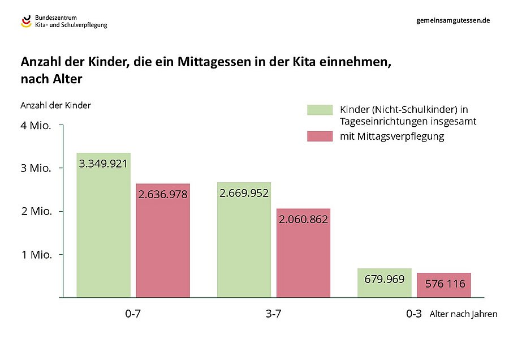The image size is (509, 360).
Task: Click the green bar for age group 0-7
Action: pos(103,226)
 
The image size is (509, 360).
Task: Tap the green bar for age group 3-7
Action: pos(244,241)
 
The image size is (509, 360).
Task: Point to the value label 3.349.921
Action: pos(103,164)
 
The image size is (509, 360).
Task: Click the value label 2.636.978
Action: pos(163,194)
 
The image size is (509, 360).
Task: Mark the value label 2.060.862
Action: pos(303,220)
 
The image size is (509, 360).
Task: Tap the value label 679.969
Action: pos(385,278)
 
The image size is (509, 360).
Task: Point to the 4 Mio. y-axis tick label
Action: pos(36,126)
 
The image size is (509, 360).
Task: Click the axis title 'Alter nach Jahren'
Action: pos(463,314)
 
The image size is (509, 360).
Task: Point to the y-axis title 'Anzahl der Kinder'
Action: pos(55,105)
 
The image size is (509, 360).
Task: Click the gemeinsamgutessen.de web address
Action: pos(452,20)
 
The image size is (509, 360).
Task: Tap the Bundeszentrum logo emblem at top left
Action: pos(26,22)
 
